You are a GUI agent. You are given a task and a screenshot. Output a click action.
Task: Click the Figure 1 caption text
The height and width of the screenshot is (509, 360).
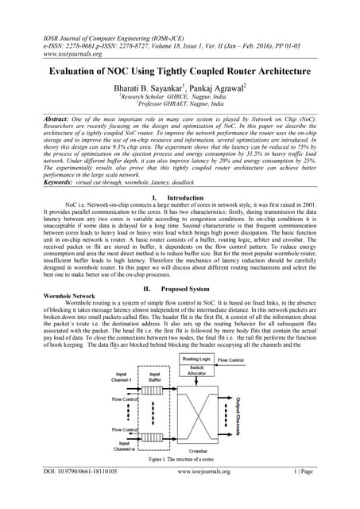click(x=180, y=460)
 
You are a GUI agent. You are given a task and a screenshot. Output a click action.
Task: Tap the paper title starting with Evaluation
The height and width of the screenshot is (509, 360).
click(x=180, y=71)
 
